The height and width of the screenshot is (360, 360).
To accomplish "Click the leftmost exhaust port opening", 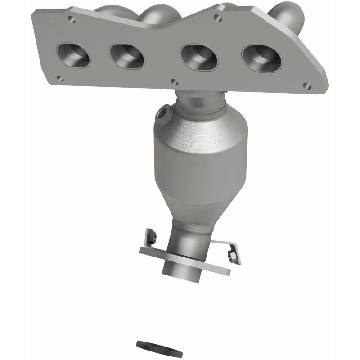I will click(x=73, y=55).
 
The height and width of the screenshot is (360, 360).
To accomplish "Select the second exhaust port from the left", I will click(x=127, y=56).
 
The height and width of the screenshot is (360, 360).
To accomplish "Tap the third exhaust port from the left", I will click(x=198, y=58).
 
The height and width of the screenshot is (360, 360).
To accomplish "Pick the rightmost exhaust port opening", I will click(x=261, y=58).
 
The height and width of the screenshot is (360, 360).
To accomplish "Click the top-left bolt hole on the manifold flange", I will click(x=71, y=19).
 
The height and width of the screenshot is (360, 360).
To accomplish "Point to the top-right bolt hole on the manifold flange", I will click(x=218, y=18).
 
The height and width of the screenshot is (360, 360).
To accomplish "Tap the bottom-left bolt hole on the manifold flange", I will click(x=60, y=78).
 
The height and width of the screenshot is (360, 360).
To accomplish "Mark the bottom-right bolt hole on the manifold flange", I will click(x=307, y=85).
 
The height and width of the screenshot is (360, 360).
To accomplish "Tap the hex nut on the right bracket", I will click(x=233, y=256).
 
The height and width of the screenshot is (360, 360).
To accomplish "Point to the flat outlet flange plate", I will click(x=211, y=265).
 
